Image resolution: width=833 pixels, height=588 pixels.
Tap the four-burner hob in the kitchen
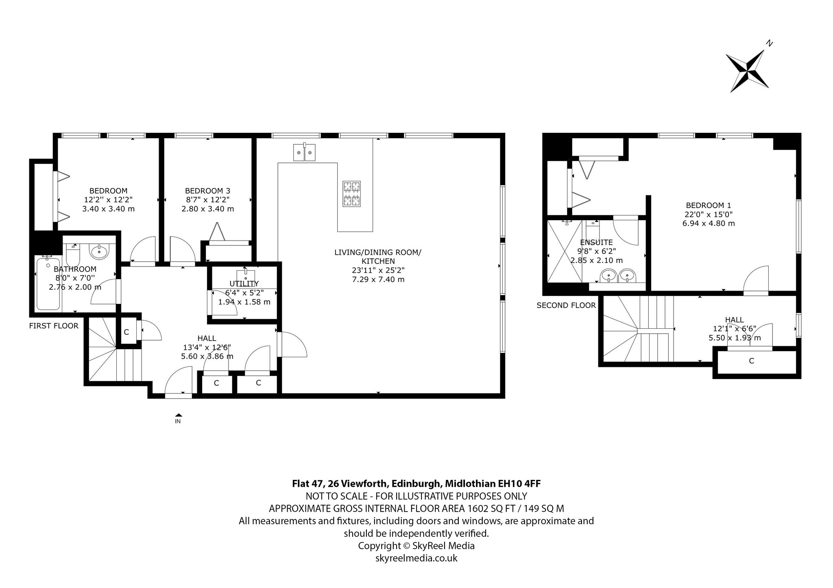pos(352,194)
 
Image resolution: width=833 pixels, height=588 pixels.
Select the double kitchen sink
pos(304,152)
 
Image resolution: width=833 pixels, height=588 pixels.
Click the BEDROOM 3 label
pos(207,191)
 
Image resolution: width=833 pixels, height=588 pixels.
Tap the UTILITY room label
pos(244,284)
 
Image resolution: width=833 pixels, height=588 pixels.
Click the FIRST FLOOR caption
pos(54,326)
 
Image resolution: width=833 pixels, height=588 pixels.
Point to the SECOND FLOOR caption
pos(566,305)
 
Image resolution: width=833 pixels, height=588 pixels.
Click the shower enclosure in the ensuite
pos(565,251)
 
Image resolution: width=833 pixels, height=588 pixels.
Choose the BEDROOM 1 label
pos(709,205)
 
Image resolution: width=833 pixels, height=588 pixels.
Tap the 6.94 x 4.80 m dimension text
pos(709,223)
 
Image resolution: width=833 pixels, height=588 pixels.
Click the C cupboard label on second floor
pos(752,360)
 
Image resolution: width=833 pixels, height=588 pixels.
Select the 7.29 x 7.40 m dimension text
pos(378,279)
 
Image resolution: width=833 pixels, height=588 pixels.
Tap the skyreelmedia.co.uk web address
pos(416,558)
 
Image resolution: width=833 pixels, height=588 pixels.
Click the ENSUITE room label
pos(596,242)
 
